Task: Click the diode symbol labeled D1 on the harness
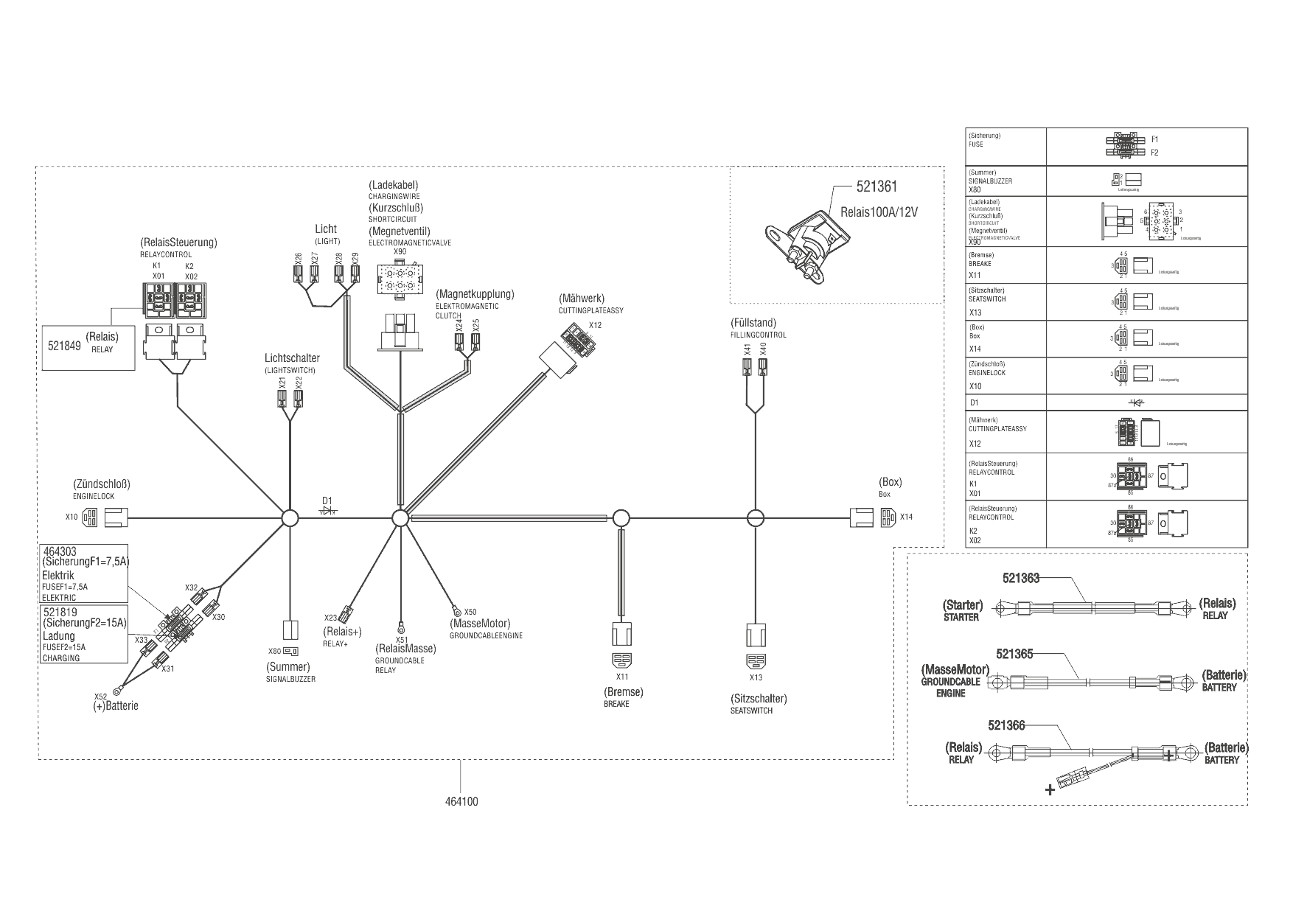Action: [x=329, y=509]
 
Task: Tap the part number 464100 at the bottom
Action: [x=461, y=801]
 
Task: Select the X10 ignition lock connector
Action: [x=90, y=517]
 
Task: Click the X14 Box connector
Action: [x=888, y=517]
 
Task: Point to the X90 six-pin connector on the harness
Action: [x=400, y=281]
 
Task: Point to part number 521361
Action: [x=876, y=188]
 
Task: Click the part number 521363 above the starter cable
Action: [x=1021, y=579]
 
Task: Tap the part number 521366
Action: [x=1006, y=726]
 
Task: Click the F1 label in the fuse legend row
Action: [x=1154, y=139]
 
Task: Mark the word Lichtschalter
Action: [x=292, y=358]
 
